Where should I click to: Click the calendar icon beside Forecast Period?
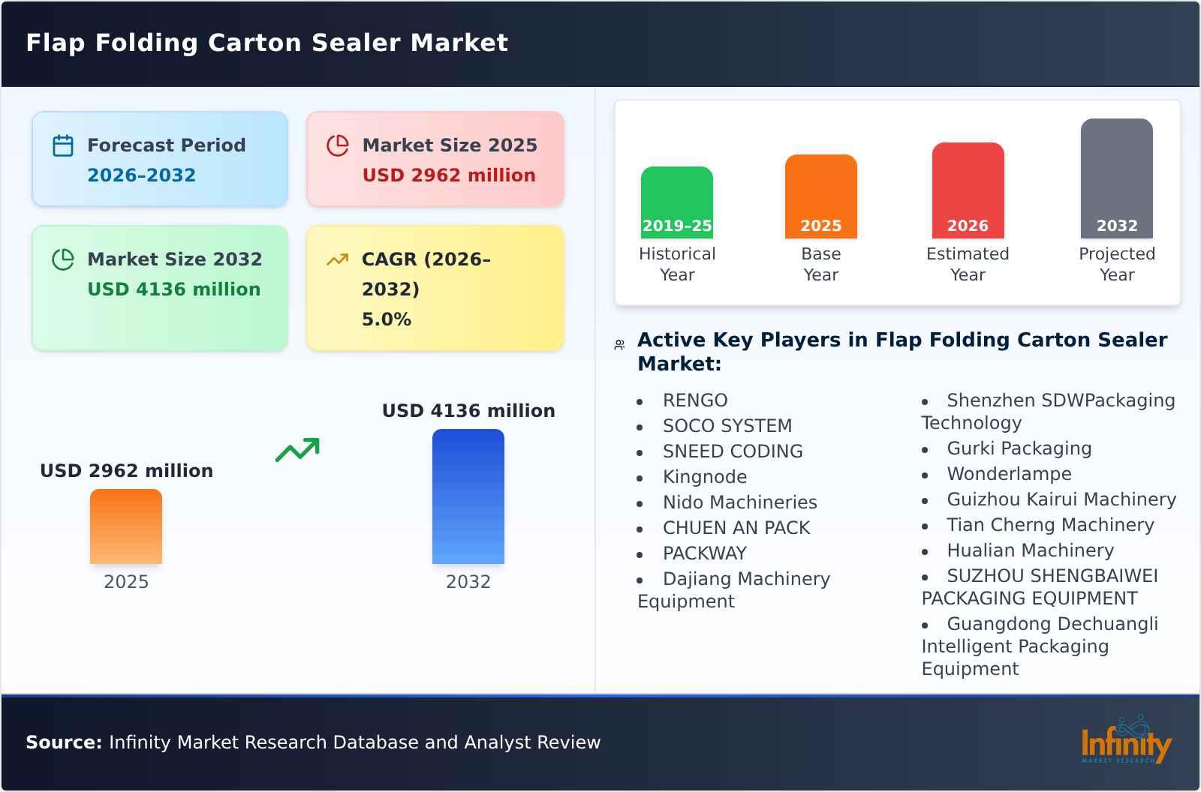tap(63, 145)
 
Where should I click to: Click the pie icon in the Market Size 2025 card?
tap(338, 145)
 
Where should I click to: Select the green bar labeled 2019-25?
tap(676, 201)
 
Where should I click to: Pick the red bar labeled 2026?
tap(968, 189)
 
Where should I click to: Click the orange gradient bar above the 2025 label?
tap(126, 526)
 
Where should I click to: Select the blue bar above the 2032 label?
tap(468, 496)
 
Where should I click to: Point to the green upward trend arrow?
tap(298, 450)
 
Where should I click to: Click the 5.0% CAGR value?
tap(386, 319)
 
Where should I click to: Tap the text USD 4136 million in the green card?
tap(174, 289)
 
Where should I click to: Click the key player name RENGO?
tap(695, 400)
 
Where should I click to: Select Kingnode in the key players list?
tap(704, 477)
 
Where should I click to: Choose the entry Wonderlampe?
tap(1009, 474)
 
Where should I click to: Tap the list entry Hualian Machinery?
tap(1030, 550)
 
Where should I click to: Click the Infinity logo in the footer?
tap(1126, 741)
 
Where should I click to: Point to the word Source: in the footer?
tap(64, 742)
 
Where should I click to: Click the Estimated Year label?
tap(968, 264)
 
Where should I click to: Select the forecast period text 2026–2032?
tap(141, 175)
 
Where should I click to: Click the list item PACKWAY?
tap(704, 553)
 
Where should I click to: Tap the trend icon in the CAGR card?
tap(337, 259)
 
